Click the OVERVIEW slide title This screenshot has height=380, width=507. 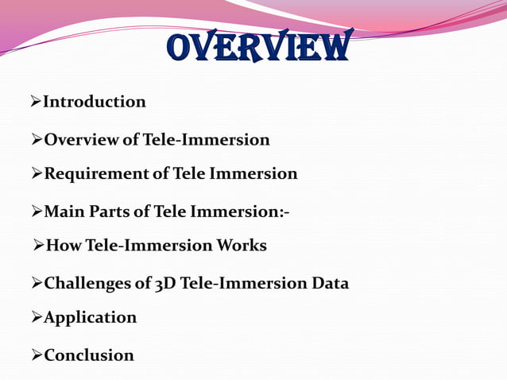coord(259,48)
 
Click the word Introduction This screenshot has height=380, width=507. coord(94,102)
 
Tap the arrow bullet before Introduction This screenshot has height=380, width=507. coord(35,101)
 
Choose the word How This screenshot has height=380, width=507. coord(64,246)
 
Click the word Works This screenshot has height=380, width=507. coord(242,246)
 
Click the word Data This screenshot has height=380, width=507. coord(328,283)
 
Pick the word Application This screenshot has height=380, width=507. coord(90,318)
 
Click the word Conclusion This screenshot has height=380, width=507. coord(88,355)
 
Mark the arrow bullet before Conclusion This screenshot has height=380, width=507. coord(35,355)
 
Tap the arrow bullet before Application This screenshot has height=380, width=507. coord(35,317)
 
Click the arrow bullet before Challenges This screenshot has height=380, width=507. coord(35,282)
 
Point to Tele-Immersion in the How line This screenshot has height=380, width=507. coord(149,246)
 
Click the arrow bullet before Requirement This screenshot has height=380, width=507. coord(35,173)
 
